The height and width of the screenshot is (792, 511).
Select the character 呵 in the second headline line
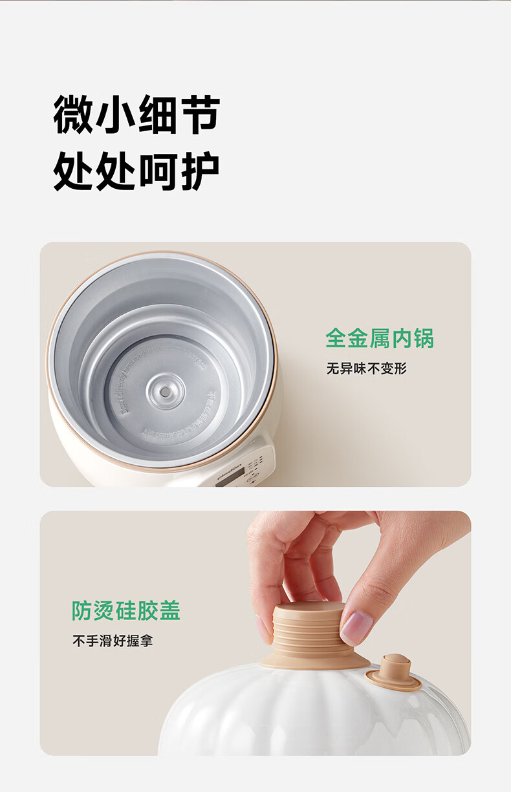pos(157,171)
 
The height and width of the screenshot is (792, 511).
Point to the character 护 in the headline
pos(198,171)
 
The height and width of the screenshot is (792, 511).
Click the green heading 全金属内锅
pos(379,338)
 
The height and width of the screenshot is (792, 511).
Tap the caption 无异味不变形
pos(366,369)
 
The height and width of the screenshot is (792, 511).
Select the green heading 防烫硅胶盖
pos(126,610)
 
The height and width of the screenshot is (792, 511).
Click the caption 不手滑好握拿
pos(113,641)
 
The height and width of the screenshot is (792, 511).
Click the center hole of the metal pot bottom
pos(165,391)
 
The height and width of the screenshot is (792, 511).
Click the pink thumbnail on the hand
pos(357,627)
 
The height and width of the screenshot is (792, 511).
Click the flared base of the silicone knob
pos(315,661)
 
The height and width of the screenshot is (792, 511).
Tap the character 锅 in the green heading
pos(423,338)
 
